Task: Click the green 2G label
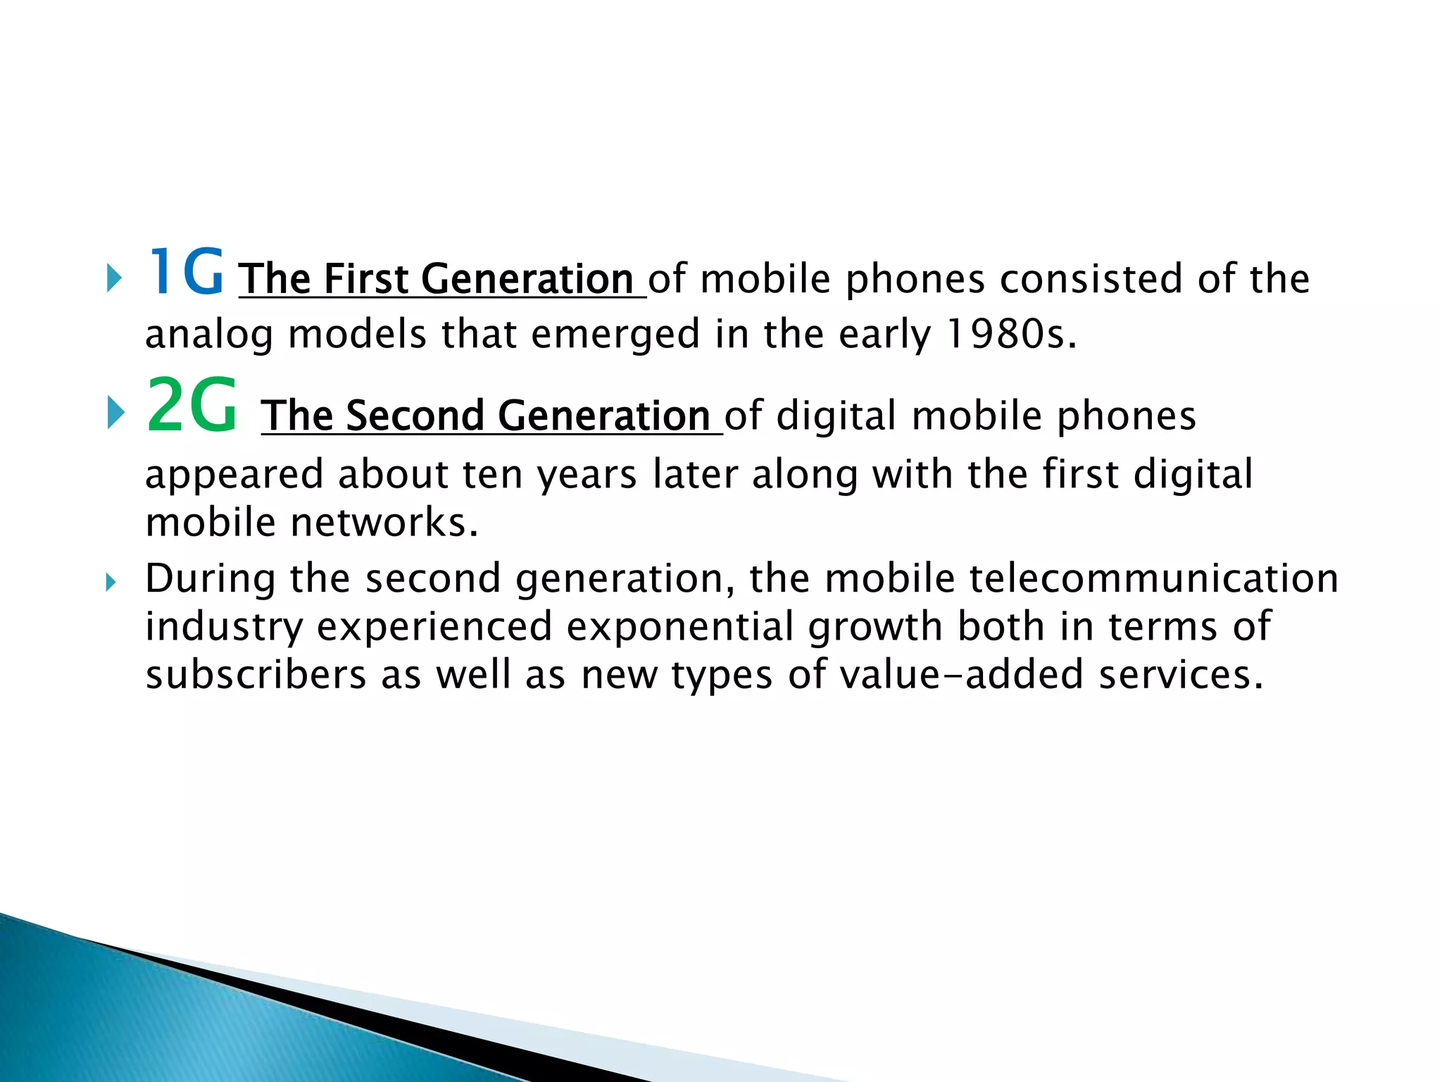[x=192, y=407]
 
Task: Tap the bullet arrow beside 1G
[x=113, y=279]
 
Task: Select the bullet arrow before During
[x=110, y=583]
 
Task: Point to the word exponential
[x=680, y=627]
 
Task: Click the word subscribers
[x=256, y=675]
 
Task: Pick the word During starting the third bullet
[x=210, y=579]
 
